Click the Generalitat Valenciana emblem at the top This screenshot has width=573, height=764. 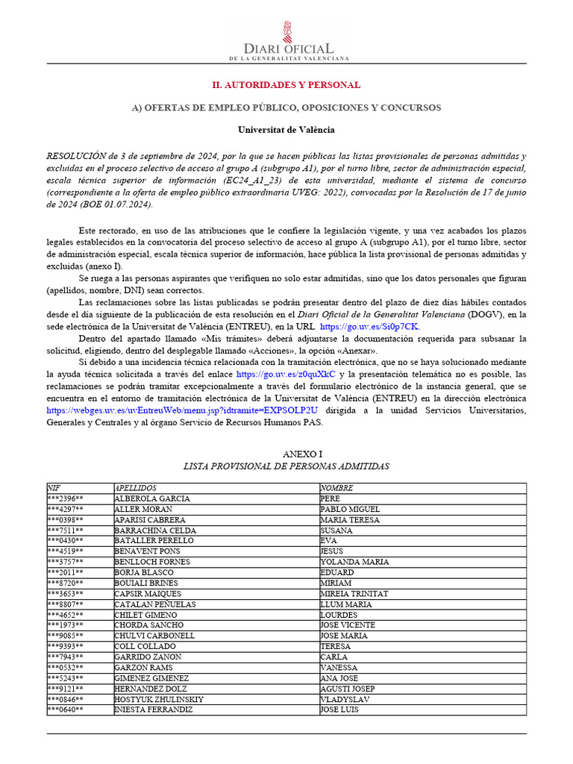tap(286, 32)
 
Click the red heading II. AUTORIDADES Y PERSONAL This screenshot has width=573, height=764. tap(286, 85)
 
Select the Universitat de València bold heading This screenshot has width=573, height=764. tap(286, 130)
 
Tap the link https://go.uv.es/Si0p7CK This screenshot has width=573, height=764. tap(370, 327)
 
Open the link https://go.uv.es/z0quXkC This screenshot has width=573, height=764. tap(286, 373)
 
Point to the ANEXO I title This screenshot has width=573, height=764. tap(286, 454)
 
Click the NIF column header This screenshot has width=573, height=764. tap(54, 488)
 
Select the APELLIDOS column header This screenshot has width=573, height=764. tap(136, 488)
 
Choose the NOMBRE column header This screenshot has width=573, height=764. tap(336, 488)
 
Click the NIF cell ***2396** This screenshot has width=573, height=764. tap(66, 498)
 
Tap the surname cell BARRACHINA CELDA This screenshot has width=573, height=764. tap(154, 530)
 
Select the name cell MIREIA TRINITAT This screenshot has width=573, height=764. tap(354, 594)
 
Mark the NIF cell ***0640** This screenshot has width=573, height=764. tap(66, 710)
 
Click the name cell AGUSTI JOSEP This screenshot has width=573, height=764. tap(347, 689)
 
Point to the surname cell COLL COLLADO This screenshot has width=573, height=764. tap(145, 646)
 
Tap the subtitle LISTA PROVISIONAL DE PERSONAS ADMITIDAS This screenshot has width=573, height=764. tap(286, 466)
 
